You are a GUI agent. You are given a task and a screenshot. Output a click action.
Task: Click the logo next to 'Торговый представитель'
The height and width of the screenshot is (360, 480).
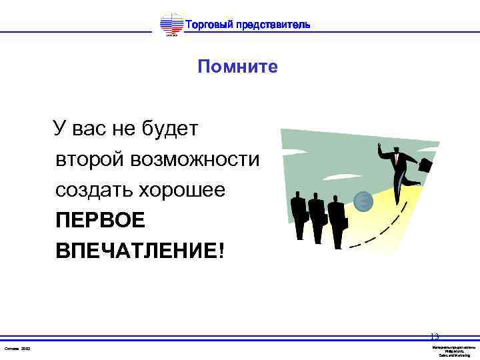[x=171, y=25]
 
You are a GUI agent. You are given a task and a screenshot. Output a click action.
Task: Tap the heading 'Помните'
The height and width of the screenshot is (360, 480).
[x=237, y=67]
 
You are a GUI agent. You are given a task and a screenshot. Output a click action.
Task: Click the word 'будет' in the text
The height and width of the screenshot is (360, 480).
[x=169, y=128]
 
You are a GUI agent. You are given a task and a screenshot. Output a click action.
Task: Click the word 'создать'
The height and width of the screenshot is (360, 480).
[x=94, y=190]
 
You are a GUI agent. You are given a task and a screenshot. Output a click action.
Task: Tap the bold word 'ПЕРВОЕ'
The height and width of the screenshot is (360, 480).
[x=99, y=221]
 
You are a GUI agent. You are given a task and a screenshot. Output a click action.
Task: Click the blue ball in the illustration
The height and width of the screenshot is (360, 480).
[x=363, y=200]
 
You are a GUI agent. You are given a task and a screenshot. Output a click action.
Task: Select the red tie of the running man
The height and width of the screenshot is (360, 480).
[x=397, y=159]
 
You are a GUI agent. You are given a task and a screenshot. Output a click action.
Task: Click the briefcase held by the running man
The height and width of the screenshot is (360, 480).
[x=424, y=165]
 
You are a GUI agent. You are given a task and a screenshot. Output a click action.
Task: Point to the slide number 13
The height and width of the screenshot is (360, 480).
[x=435, y=337]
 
